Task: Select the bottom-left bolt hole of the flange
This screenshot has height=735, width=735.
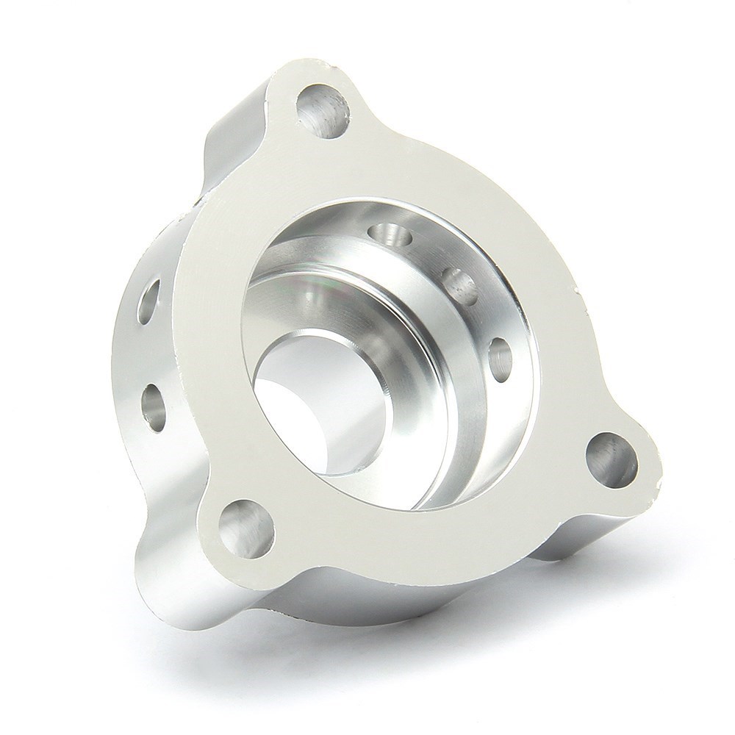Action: (x=245, y=527)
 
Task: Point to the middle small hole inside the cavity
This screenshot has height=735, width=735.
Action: (x=461, y=287)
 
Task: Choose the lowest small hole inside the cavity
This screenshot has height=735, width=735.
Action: (x=501, y=356)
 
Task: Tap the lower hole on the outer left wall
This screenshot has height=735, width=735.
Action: (x=154, y=404)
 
